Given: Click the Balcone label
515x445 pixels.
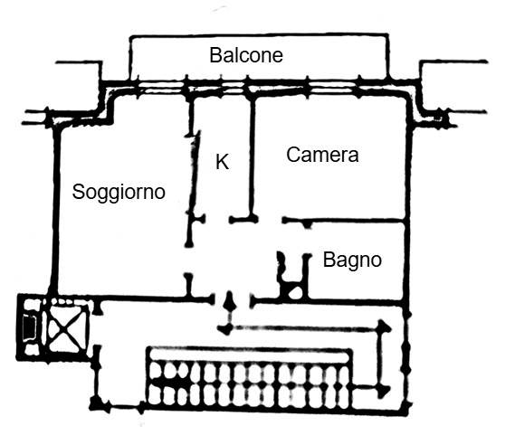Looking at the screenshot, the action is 246,55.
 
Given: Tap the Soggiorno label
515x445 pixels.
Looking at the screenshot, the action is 119,192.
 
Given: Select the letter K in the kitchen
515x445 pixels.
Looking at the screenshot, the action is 223,162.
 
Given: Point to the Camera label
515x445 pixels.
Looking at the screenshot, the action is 322,155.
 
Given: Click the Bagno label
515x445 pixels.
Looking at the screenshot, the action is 352,260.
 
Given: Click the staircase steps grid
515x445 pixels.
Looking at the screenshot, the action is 250,385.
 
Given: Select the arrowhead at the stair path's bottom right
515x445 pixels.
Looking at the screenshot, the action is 383,391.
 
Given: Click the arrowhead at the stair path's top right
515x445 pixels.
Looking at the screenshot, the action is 384,327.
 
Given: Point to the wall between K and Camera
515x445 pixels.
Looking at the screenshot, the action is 252,157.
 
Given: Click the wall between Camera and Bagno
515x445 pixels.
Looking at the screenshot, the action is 343,220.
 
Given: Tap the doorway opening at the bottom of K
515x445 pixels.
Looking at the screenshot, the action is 217,219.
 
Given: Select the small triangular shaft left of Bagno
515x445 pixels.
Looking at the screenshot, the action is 295,292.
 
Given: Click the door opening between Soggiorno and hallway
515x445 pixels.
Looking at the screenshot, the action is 188,260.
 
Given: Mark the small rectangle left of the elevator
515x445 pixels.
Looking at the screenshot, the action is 29,327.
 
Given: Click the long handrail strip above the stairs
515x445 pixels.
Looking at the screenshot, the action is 250,355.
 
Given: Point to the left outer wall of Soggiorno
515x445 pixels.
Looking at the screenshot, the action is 55,210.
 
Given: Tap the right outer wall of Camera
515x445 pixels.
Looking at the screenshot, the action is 409,157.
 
